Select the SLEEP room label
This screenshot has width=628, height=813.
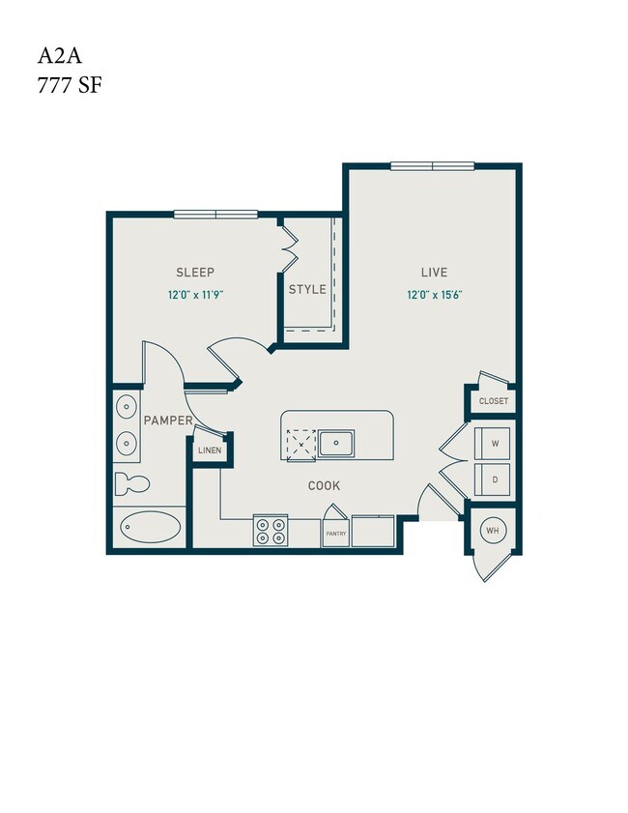click(195, 273)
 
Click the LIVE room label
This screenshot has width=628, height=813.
click(433, 273)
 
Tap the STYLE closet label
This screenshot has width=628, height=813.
click(307, 289)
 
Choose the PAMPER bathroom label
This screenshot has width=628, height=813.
click(167, 421)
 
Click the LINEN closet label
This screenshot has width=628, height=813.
click(210, 451)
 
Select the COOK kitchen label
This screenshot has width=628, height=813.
click(324, 485)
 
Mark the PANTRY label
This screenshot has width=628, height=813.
click(334, 533)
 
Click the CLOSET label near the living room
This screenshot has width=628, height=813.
click(493, 401)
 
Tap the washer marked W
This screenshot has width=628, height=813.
click(494, 443)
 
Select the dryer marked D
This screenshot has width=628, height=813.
click(494, 479)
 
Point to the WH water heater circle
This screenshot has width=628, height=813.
click(492, 531)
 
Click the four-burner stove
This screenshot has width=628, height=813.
click(270, 531)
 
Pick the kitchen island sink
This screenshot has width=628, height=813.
click(337, 444)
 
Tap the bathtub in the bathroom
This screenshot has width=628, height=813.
click(151, 528)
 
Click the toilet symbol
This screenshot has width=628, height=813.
click(128, 481)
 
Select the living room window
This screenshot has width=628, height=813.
click(432, 165)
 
